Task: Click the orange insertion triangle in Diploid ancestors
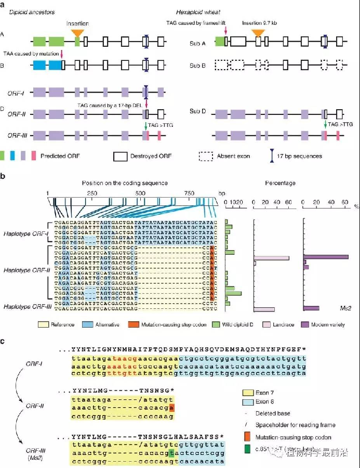pos(78,32)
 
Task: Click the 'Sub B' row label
pos(196,65)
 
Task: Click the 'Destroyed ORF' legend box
pos(119,155)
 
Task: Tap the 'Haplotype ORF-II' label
pos(25,270)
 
